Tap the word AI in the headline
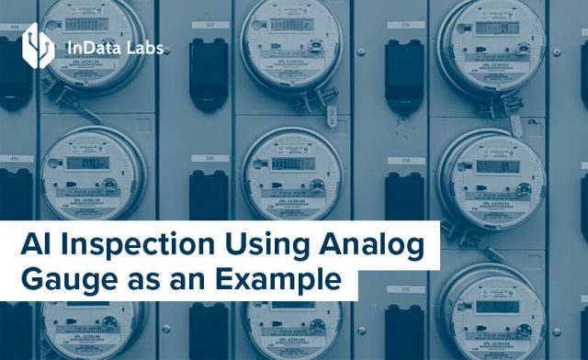(35, 246)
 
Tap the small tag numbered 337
(210, 26)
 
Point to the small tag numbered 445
(16, 159)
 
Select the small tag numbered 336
(209, 158)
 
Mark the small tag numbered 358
(404, 160)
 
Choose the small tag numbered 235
(404, 288)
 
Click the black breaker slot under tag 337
(209, 69)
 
